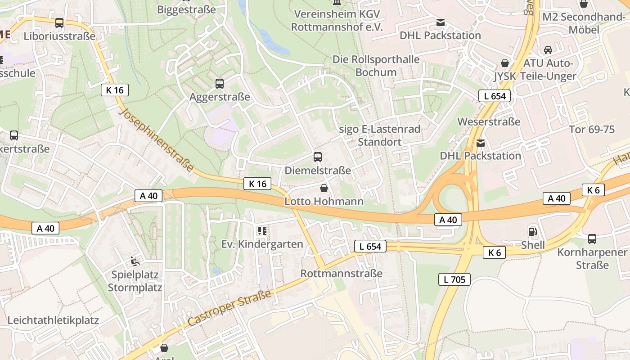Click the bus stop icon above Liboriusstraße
click(59, 23)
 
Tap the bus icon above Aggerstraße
click(220, 83)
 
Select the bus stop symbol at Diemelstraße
click(318, 157)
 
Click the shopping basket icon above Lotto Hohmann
click(324, 188)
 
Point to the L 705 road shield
click(454, 279)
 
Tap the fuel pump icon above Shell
click(532, 232)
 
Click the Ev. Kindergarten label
click(262, 244)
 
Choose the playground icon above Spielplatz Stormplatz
click(135, 261)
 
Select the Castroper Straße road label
click(229, 308)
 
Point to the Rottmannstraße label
click(341, 273)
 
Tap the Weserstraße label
click(489, 121)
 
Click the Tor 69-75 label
click(592, 130)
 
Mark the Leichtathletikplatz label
click(53, 320)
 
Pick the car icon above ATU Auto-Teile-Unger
click(548, 49)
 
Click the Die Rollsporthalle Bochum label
click(376, 66)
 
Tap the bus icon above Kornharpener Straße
click(592, 239)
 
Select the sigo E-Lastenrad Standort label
click(379, 135)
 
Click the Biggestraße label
click(186, 9)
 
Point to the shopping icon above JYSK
click(505, 63)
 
